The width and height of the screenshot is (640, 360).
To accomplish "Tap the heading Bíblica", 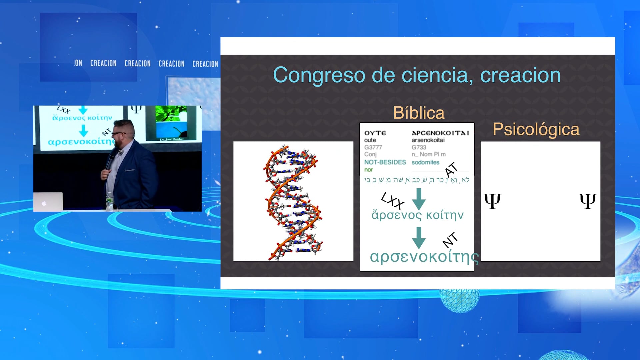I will coord(419,113).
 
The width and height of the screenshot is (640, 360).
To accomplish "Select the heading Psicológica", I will coord(536,129).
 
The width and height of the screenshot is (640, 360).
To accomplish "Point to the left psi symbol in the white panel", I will coord(492,201).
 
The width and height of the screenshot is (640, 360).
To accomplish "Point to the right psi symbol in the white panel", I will coord(588,201).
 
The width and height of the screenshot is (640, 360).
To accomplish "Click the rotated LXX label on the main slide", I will coord(393,201).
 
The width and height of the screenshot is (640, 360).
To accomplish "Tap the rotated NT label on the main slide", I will coord(450,240).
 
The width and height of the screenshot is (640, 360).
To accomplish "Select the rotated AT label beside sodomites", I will coord(451,169).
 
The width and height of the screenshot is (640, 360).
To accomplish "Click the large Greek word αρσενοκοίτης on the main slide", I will coord(424,257).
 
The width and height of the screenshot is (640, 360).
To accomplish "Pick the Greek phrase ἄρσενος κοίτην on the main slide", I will coord(417,215).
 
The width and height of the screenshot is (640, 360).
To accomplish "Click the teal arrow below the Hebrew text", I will coord(419,199).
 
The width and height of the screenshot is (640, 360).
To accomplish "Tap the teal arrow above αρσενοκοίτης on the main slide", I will coord(419,237).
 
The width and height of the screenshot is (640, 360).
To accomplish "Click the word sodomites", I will coord(425,162).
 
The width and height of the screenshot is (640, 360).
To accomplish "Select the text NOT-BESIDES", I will coord(385,162).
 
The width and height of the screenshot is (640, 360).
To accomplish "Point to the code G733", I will coord(419,147).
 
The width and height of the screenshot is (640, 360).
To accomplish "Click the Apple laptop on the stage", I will coord(48,202).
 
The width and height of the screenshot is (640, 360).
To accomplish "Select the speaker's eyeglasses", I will coord(118,134).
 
